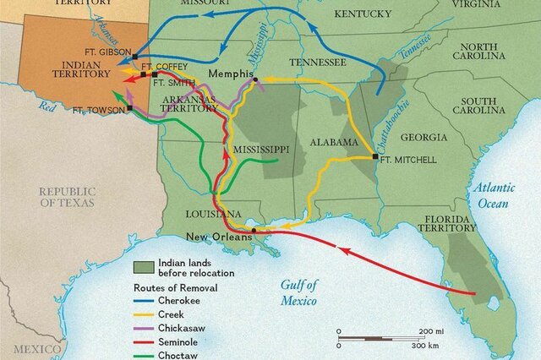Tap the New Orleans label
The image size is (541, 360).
point(219,237)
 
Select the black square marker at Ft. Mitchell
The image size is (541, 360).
point(374,157)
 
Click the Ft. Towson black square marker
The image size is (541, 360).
point(129,109)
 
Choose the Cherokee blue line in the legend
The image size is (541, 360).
point(146,298)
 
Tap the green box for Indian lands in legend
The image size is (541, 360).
point(145,268)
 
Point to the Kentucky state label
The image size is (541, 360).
point(363,14)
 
